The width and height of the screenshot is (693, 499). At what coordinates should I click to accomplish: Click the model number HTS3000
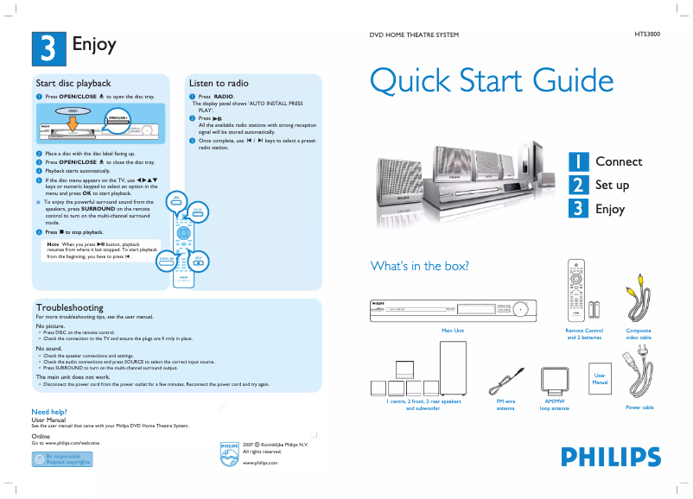coord(647,34)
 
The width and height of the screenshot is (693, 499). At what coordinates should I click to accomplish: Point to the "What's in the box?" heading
coord(419,266)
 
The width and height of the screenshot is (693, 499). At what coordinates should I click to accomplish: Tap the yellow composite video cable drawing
coord(638,304)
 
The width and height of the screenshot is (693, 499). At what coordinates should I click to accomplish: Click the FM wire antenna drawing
coord(505,379)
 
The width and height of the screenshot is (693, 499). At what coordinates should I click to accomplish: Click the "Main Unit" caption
coord(453,331)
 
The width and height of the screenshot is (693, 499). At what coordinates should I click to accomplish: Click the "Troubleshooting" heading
coord(69,307)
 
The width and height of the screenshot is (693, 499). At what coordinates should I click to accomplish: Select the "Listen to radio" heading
coord(219,83)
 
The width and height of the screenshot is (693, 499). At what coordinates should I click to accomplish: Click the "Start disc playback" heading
coord(73,83)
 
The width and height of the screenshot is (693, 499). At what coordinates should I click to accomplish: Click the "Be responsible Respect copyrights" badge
coord(61,458)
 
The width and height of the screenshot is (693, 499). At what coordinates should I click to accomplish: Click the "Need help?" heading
coord(49,412)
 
